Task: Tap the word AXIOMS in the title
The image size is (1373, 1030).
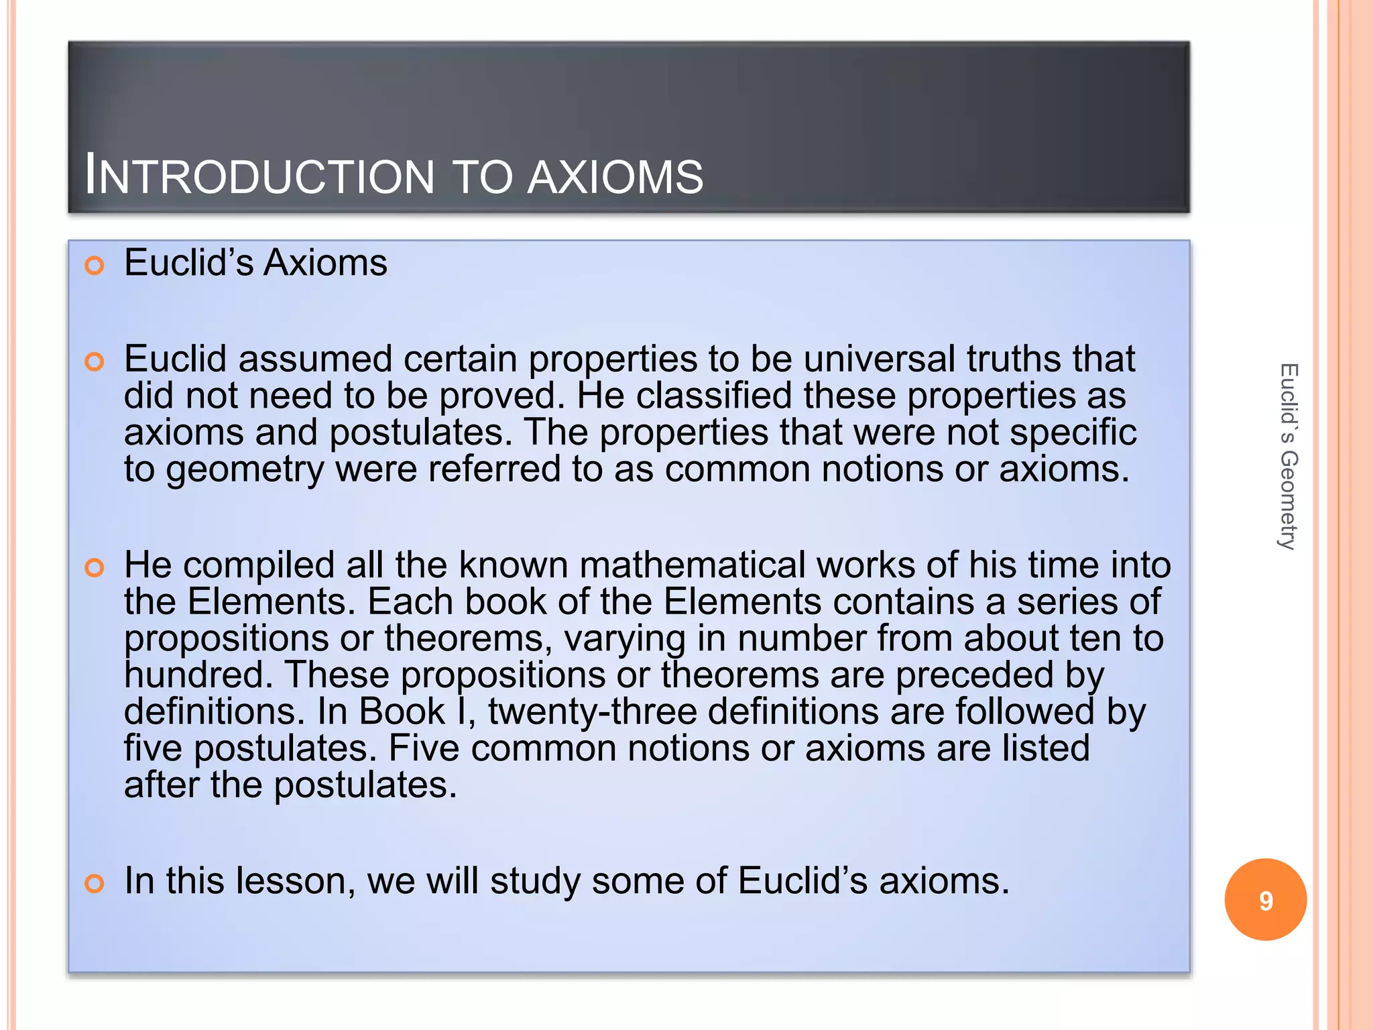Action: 615,177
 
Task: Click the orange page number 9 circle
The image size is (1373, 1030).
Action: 1265,900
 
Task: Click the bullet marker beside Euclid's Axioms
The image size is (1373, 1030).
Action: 95,266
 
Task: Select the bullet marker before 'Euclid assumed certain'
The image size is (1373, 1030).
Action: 95,362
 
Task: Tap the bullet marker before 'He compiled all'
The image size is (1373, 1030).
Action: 95,568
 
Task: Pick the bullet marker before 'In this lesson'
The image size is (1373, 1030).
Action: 95,883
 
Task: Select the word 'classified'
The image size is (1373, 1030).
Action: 713,396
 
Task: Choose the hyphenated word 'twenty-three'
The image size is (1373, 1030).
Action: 592,711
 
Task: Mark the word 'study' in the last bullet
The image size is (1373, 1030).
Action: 535,882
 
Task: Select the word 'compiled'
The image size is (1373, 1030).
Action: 258,566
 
